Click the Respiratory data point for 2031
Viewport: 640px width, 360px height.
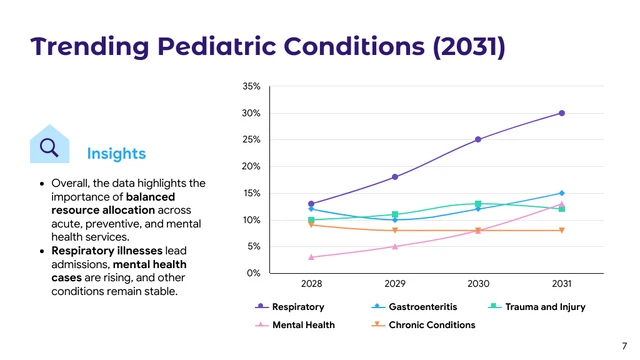point(561,113)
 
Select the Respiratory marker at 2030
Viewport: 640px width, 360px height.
point(478,139)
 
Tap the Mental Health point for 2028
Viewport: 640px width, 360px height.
point(311,257)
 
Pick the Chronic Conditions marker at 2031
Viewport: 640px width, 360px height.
point(561,230)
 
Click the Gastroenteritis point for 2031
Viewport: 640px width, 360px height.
point(561,193)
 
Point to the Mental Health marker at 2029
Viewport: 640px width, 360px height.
point(395,246)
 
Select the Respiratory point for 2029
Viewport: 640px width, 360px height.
point(395,177)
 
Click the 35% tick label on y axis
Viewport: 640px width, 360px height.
point(251,87)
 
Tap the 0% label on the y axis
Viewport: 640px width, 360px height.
point(253,273)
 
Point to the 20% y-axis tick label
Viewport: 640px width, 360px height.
point(251,166)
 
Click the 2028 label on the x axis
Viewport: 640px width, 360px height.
point(311,285)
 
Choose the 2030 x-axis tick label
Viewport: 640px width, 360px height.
point(478,285)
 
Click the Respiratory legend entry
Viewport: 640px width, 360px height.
point(297,307)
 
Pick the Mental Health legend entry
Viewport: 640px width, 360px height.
point(304,325)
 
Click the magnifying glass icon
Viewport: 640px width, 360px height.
point(48,148)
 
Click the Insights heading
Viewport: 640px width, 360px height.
point(116,153)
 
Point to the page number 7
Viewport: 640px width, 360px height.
point(624,345)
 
